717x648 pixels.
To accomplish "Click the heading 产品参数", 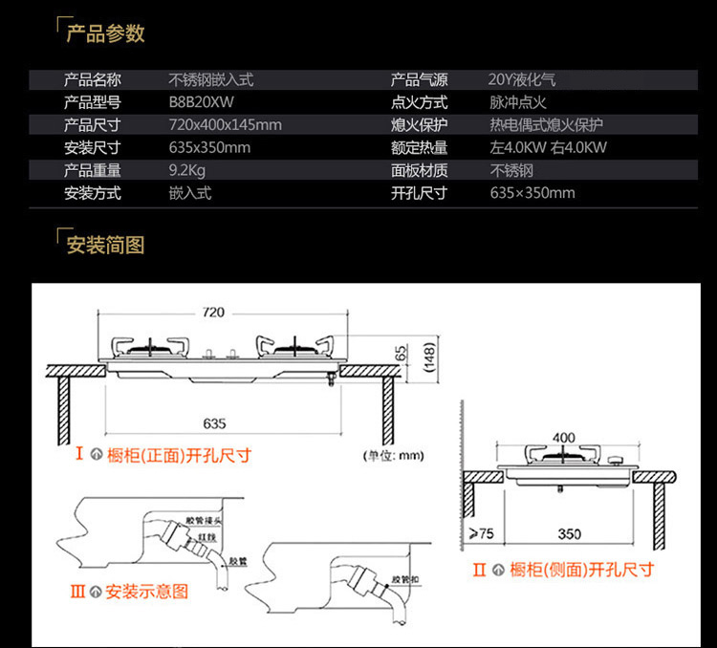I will [x=105, y=33].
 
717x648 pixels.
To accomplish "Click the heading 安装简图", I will [x=105, y=245].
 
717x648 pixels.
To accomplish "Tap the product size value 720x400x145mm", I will [x=225, y=125].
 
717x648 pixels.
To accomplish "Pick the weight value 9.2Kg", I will [x=187, y=170].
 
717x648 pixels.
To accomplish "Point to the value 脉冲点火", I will [x=518, y=102].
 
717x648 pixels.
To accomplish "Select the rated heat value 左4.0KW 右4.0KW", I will [x=548, y=147].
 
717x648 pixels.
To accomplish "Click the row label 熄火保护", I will [x=419, y=125].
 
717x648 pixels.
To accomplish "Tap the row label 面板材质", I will [x=419, y=170].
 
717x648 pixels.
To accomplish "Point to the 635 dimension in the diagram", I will [x=214, y=423].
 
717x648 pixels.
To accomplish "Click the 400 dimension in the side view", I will [x=564, y=438].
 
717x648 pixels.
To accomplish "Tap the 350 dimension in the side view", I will [x=571, y=533].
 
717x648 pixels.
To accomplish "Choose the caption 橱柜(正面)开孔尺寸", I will [x=179, y=455].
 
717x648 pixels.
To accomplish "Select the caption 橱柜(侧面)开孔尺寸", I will [x=581, y=570].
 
